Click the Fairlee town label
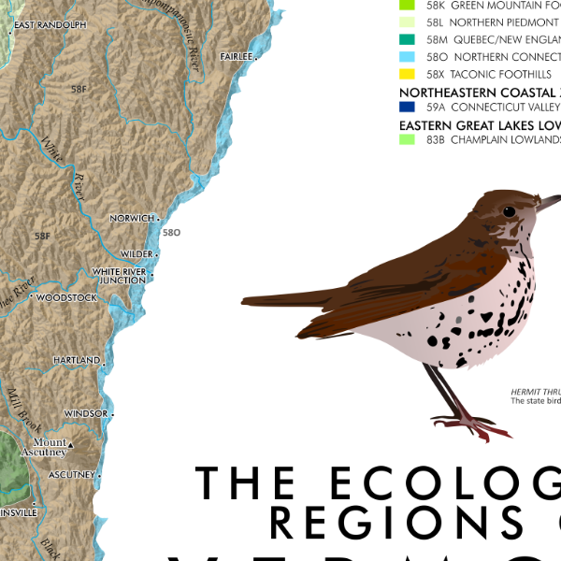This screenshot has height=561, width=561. pyautogui.click(x=236, y=57)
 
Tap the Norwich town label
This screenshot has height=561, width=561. pyautogui.click(x=131, y=218)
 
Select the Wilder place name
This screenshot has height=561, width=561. pyautogui.click(x=137, y=254)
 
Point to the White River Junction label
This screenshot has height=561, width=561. pyautogui.click(x=119, y=276)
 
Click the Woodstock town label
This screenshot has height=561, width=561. pyautogui.click(x=66, y=298)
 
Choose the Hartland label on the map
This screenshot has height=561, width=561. pyautogui.click(x=77, y=360)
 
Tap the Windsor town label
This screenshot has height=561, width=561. pyautogui.click(x=86, y=413)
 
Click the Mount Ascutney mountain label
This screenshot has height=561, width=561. pyautogui.click(x=50, y=447)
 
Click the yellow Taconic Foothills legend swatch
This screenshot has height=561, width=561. pyautogui.click(x=406, y=74)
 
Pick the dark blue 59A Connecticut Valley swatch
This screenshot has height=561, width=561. pyautogui.click(x=406, y=108)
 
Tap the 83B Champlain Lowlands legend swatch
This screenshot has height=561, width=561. pyautogui.click(x=406, y=140)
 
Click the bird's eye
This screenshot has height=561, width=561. pyautogui.click(x=509, y=211)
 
